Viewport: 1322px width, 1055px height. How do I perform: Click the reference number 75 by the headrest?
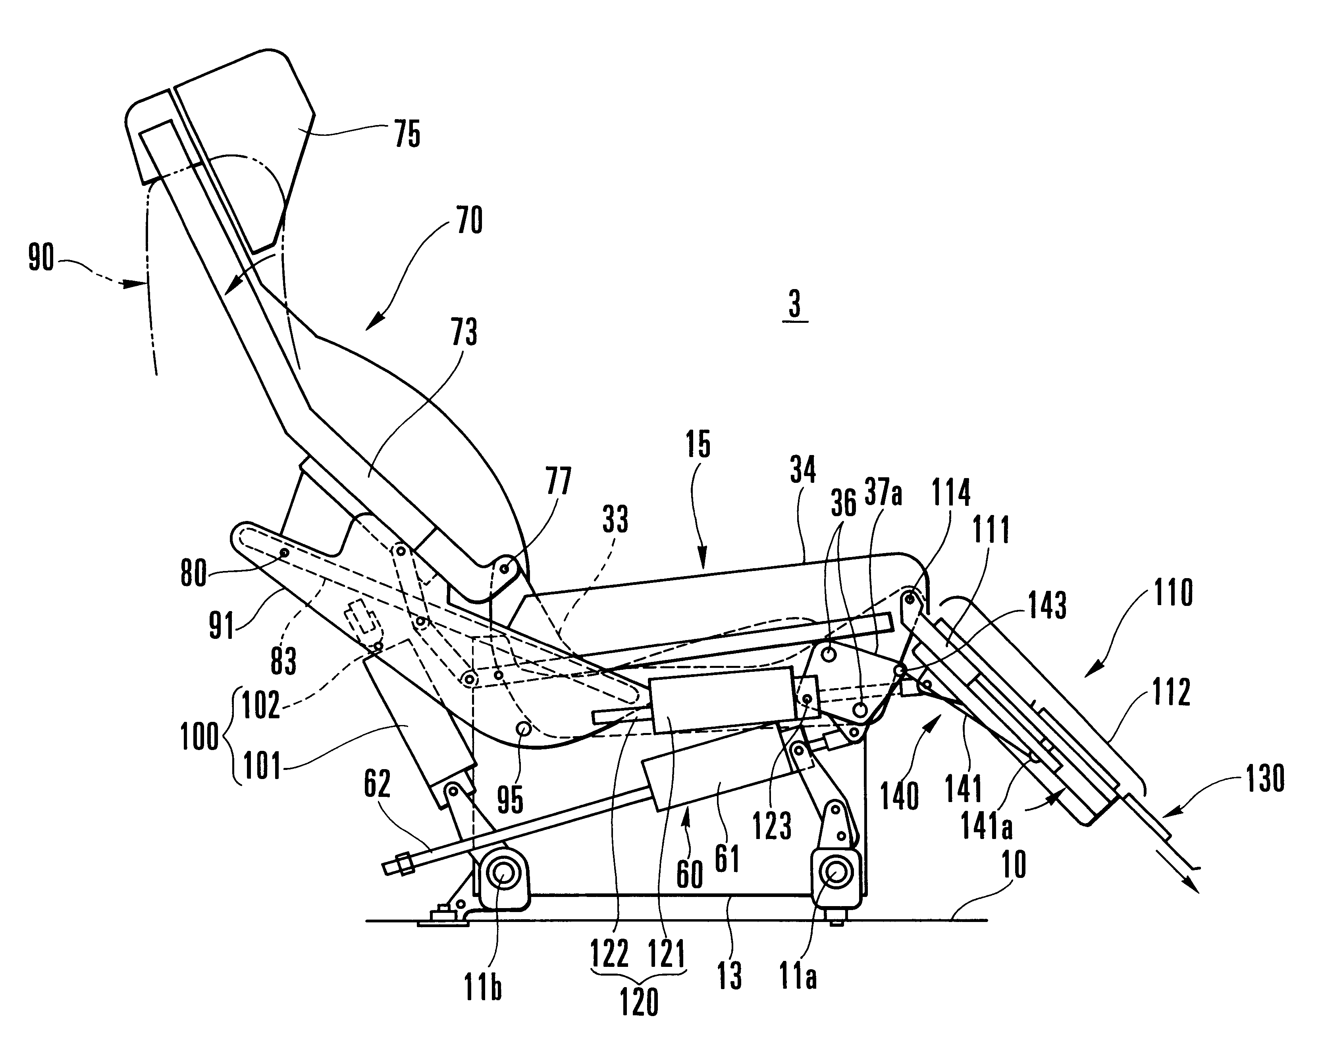pos(408,134)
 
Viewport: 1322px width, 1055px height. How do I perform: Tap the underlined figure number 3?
pos(795,305)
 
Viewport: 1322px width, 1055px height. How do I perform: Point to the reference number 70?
pos(470,220)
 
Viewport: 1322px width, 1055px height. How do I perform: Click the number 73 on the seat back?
pos(464,332)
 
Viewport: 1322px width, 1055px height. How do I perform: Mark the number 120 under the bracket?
pos(639,1003)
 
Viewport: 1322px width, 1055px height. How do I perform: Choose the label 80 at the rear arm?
pos(193,574)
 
